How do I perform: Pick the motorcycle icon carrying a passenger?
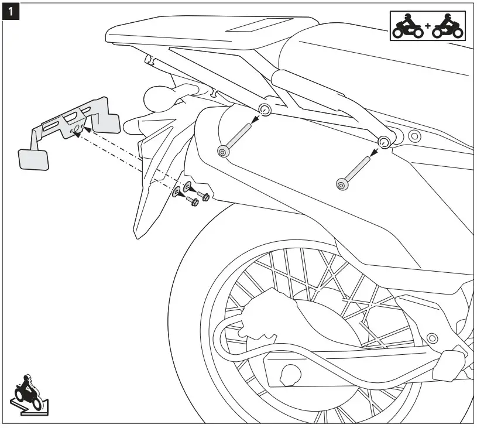click(x=446, y=26)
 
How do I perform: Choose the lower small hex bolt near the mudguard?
click(x=193, y=202)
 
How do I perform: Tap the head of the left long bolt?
click(x=222, y=152)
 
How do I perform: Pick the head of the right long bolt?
click(x=341, y=184)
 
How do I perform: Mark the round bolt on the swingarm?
click(x=433, y=338)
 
